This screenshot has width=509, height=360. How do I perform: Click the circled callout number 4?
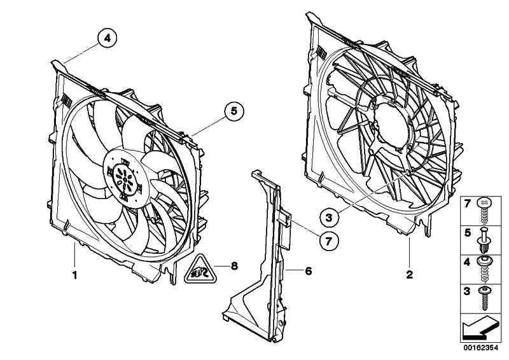[x=107, y=38]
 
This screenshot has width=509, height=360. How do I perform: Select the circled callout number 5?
[x=234, y=111]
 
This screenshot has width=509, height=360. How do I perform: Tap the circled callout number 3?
[x=329, y=217]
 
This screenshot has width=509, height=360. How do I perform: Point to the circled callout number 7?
[x=328, y=241]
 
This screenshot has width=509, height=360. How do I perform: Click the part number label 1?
[x=75, y=275]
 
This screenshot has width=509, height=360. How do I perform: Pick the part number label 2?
[x=410, y=275]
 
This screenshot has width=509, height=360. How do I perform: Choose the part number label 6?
[x=309, y=270]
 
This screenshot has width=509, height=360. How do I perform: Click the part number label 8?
[x=234, y=267]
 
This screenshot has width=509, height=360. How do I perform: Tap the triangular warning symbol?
[x=200, y=270]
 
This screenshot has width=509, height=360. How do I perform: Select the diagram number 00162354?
[x=480, y=348]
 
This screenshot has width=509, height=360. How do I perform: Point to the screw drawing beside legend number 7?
[x=484, y=211]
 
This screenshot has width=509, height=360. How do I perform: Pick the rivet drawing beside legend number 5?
[x=484, y=240]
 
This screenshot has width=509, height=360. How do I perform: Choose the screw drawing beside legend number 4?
[x=484, y=269]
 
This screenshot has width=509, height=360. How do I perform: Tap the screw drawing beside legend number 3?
[x=485, y=298]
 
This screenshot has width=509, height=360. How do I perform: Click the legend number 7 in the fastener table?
[x=468, y=204]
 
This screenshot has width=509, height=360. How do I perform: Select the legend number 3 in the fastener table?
[x=467, y=291]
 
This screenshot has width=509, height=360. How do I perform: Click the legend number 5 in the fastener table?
[x=468, y=233]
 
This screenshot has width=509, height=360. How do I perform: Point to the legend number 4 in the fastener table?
[x=467, y=262]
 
